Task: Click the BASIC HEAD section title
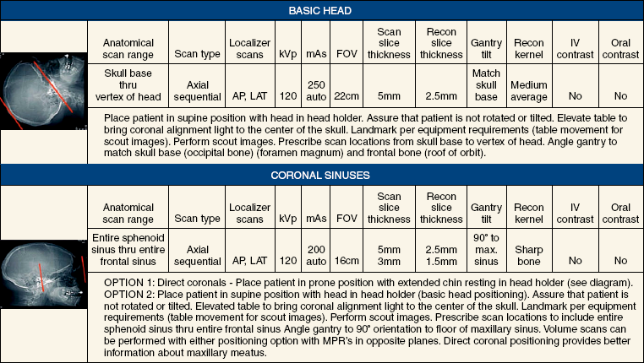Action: click(321, 11)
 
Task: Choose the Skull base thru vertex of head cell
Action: click(127, 84)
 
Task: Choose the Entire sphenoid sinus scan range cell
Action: click(127, 251)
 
